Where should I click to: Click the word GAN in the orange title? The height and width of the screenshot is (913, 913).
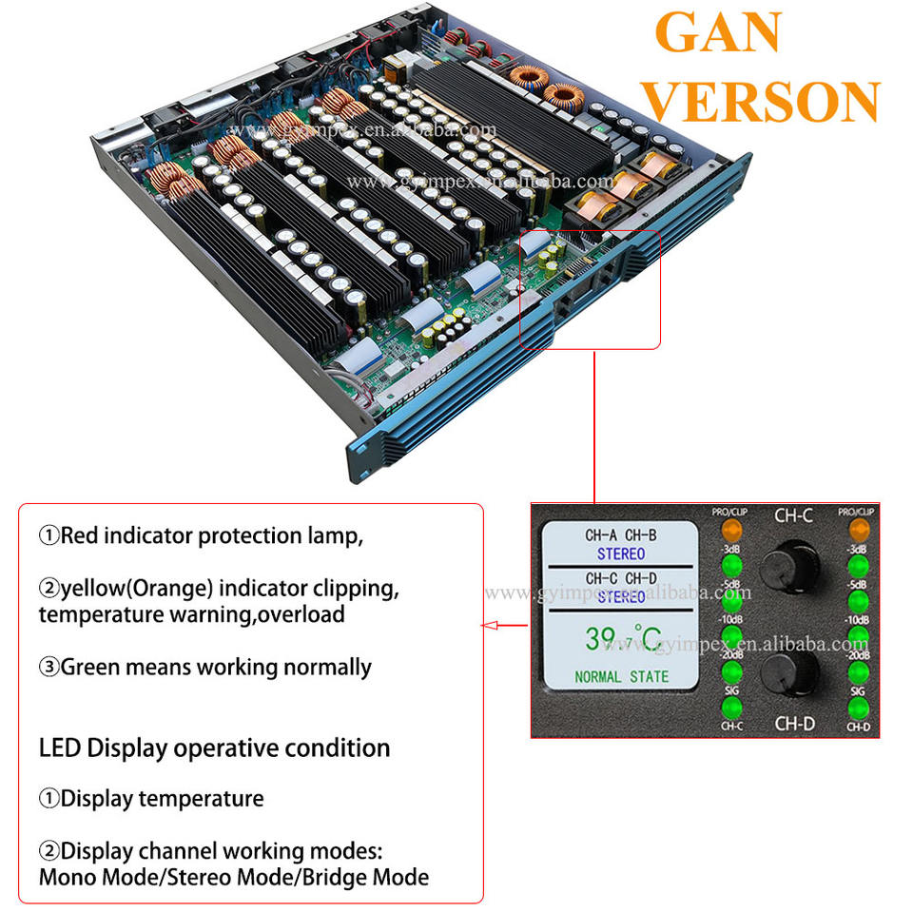tap(718, 33)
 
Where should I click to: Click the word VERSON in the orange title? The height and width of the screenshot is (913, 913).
tap(767, 100)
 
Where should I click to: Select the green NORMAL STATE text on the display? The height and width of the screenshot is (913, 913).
tap(621, 677)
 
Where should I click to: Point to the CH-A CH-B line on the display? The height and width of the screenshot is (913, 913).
tap(621, 535)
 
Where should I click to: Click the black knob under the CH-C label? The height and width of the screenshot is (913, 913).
tap(794, 562)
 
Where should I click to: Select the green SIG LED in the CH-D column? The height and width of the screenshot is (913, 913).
tap(858, 709)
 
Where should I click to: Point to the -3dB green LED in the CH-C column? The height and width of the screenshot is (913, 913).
tap(729, 567)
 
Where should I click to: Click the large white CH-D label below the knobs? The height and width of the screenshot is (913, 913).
tap(794, 724)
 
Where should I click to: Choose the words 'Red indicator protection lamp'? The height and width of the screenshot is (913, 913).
tap(211, 535)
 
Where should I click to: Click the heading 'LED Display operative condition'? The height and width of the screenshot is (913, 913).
tap(214, 748)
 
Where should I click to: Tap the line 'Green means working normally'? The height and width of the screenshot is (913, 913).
tap(215, 667)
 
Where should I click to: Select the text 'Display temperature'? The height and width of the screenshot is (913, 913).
tap(162, 798)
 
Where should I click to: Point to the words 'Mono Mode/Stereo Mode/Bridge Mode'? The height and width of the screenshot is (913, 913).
tap(233, 876)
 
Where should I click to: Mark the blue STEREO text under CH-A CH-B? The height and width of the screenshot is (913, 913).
tap(621, 554)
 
